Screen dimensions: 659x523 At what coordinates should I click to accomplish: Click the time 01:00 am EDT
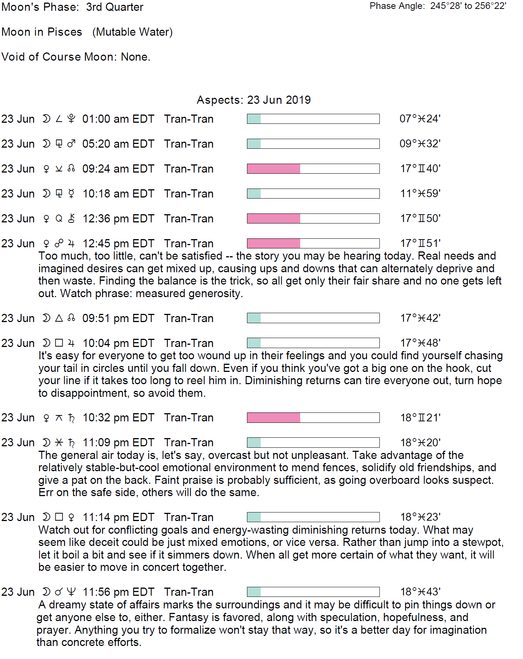click(x=118, y=119)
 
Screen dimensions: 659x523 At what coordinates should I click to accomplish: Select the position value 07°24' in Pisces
click(x=420, y=119)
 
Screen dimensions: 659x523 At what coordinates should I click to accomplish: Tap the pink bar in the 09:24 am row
click(x=273, y=169)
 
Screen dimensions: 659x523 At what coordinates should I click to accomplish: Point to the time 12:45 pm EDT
click(x=118, y=244)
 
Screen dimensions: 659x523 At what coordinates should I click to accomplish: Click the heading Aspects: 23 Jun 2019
click(x=253, y=100)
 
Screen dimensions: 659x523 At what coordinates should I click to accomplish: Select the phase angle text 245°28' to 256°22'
click(x=468, y=6)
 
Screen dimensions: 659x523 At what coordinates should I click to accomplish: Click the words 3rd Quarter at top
click(x=115, y=7)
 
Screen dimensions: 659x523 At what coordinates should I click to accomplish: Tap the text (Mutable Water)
click(x=132, y=32)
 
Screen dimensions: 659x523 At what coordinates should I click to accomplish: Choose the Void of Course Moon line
click(x=76, y=57)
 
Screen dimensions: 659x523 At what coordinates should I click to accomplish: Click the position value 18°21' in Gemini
click(x=420, y=418)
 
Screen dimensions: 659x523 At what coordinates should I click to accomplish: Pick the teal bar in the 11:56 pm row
click(x=254, y=592)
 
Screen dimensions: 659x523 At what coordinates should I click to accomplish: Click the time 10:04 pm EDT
click(x=118, y=343)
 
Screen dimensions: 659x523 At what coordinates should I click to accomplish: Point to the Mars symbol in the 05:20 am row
click(x=71, y=144)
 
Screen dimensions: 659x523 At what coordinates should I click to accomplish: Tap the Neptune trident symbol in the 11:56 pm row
click(x=71, y=592)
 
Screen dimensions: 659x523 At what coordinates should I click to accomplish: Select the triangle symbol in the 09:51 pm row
click(x=59, y=318)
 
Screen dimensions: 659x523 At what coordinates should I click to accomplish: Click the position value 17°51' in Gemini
click(x=420, y=244)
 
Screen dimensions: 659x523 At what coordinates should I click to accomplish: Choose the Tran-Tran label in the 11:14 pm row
click(x=189, y=517)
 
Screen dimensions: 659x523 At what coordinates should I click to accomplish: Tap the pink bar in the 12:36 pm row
click(x=273, y=219)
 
